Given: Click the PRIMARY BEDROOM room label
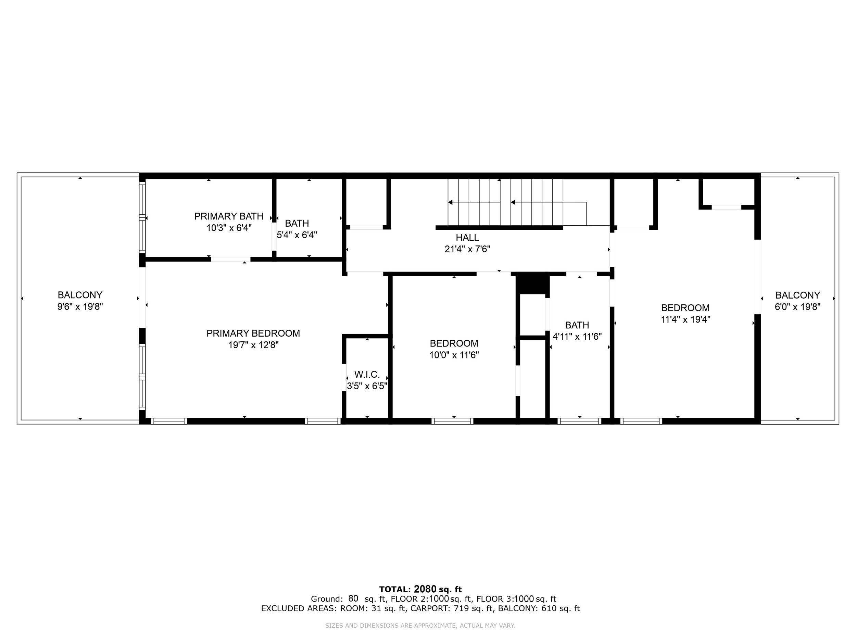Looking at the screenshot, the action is [253, 333].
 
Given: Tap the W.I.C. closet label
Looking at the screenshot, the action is [367, 375].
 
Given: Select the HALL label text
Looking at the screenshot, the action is [467, 238].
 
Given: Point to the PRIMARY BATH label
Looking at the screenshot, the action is [229, 216].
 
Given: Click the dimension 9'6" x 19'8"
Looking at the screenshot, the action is [80, 307].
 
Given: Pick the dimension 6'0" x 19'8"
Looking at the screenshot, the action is [797, 307].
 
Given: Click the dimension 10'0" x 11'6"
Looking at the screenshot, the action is [454, 355].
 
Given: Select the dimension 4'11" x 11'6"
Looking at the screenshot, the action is [577, 337].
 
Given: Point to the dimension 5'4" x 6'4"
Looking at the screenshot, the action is [297, 235].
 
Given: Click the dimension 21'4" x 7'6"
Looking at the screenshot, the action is [467, 249].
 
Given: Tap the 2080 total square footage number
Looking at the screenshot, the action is [425, 589].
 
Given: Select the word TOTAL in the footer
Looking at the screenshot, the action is [395, 589].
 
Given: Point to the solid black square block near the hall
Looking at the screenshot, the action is [532, 285].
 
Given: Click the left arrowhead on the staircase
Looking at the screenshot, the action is [450, 202].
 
